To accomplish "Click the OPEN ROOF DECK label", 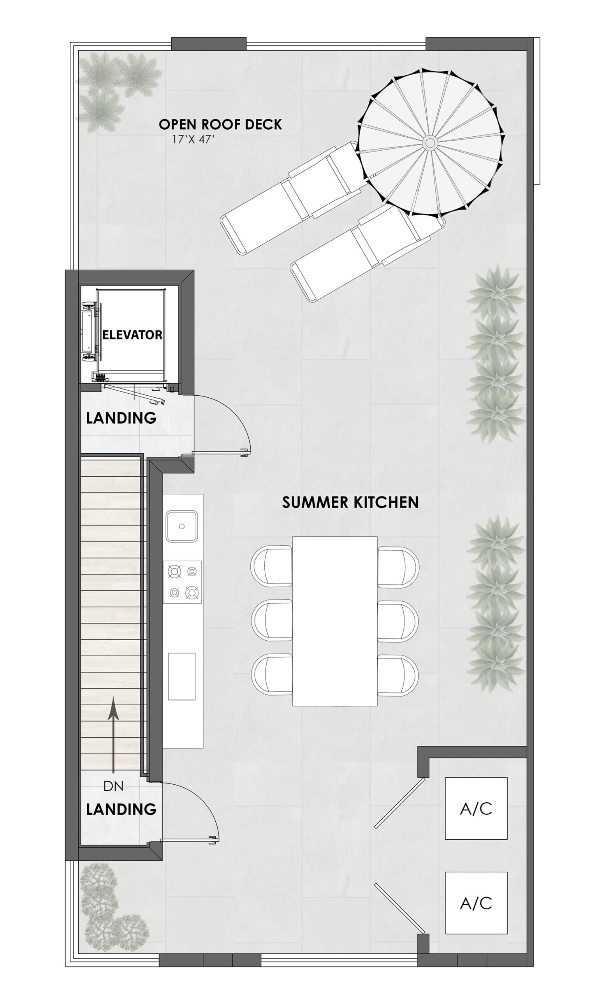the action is [x=220, y=124].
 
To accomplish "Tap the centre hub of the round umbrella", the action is [x=429, y=143].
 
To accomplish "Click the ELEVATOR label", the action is [x=132, y=335].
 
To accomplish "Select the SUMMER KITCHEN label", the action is [x=350, y=502].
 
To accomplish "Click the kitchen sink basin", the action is [x=181, y=526].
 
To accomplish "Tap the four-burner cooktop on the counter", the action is [x=182, y=582].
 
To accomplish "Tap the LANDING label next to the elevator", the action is [x=121, y=418].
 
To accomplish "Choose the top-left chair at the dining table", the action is [x=271, y=565].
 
